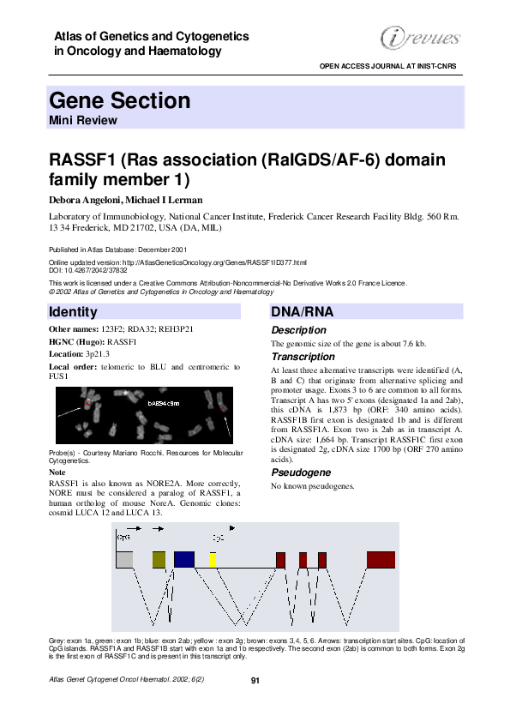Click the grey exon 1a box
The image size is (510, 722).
click(x=124, y=560)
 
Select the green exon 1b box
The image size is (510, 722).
click(x=159, y=560)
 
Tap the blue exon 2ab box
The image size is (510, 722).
click(x=184, y=560)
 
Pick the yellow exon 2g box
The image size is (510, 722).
click(x=213, y=560)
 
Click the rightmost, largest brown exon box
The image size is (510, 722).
click(x=381, y=560)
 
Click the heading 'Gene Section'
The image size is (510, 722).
click(x=120, y=101)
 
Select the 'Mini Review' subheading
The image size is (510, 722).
click(x=83, y=120)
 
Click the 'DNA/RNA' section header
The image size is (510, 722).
click(x=297, y=311)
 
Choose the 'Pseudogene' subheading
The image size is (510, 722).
click(x=299, y=472)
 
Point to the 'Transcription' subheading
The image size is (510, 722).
click(x=303, y=357)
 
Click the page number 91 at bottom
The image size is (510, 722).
click(x=255, y=680)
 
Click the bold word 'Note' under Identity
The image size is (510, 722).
click(x=57, y=472)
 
